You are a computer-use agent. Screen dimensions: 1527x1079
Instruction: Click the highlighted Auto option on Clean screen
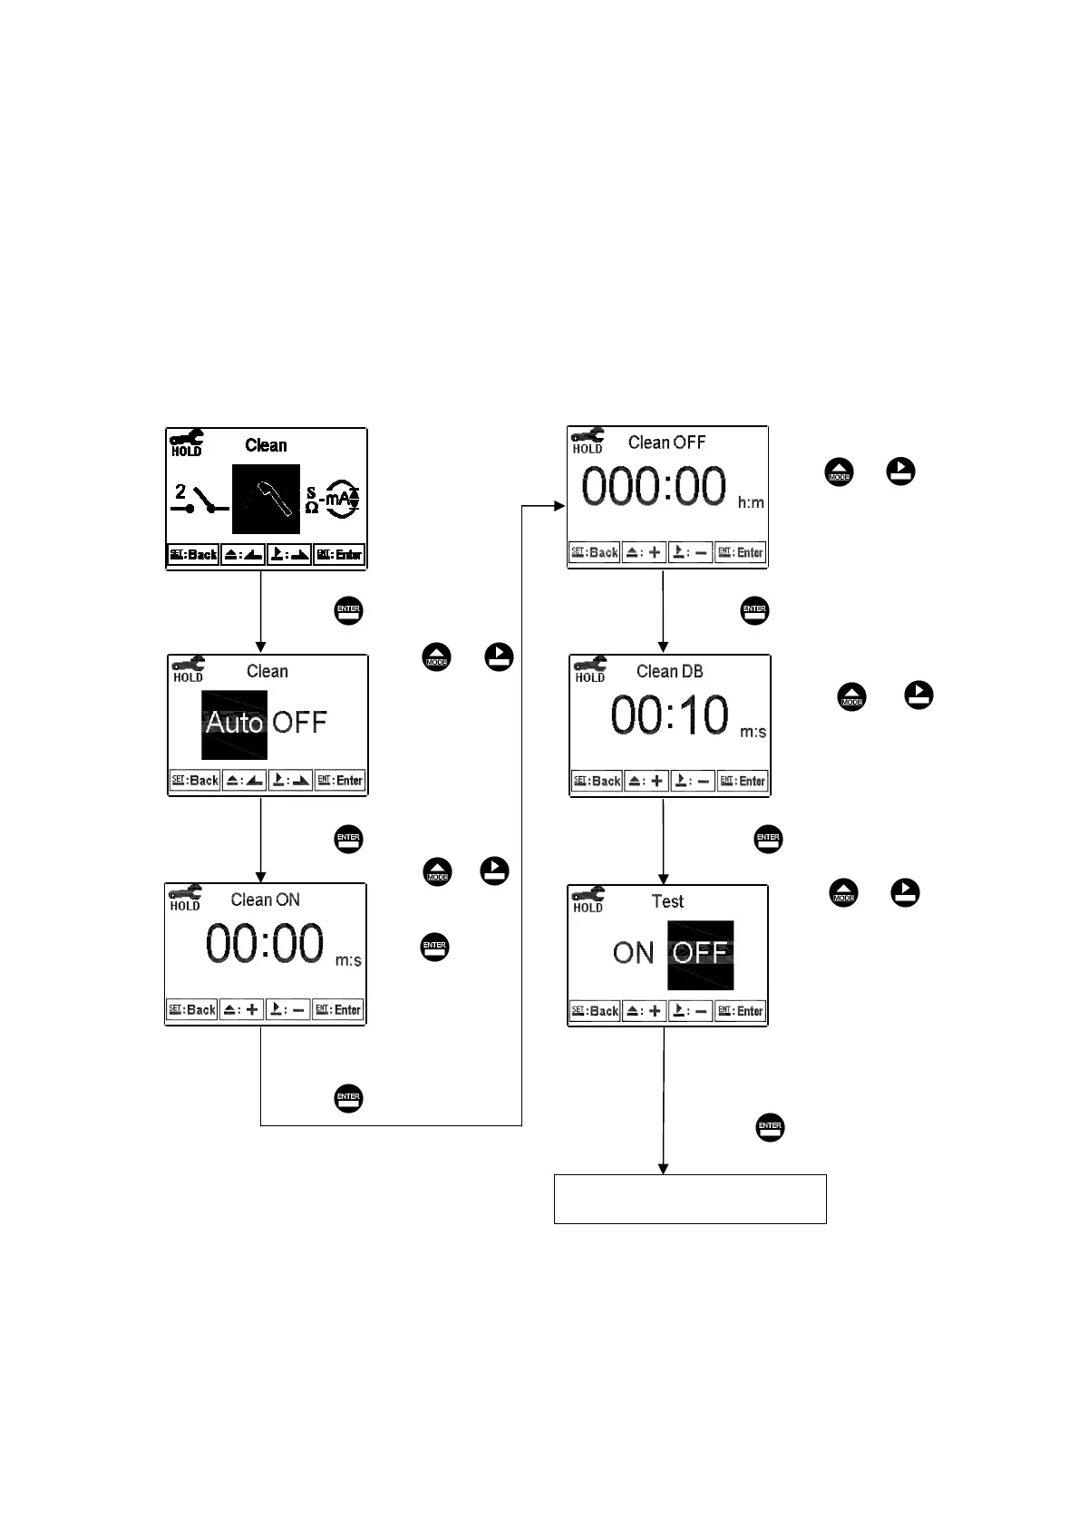point(234,724)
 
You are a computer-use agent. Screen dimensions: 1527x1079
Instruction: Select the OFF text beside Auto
point(299,723)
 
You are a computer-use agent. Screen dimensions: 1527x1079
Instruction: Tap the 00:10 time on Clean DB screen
point(669,715)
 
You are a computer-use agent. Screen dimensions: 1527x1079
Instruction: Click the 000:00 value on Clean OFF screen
point(654,486)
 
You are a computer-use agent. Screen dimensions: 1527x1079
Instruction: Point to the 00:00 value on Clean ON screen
point(264,944)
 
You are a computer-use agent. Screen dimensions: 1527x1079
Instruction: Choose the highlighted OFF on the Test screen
point(700,954)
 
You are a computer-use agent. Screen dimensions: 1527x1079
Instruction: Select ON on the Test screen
point(633,954)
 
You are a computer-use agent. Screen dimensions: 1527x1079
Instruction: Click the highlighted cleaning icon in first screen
point(266,499)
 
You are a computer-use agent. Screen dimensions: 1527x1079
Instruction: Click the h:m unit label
point(751,502)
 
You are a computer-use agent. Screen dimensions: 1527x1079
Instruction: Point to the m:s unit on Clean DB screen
point(753,732)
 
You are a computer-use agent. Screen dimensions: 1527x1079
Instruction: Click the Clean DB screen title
point(669,672)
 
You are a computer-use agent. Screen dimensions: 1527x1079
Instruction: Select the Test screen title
point(667,901)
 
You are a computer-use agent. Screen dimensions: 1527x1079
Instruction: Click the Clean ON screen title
point(265,900)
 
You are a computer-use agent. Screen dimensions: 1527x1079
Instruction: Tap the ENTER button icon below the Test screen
point(770,1128)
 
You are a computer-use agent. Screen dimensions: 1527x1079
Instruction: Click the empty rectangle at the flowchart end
point(690,1199)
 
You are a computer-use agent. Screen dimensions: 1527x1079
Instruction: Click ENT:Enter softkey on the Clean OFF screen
point(741,552)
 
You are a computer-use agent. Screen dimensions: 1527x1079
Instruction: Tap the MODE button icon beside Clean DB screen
point(851,697)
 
